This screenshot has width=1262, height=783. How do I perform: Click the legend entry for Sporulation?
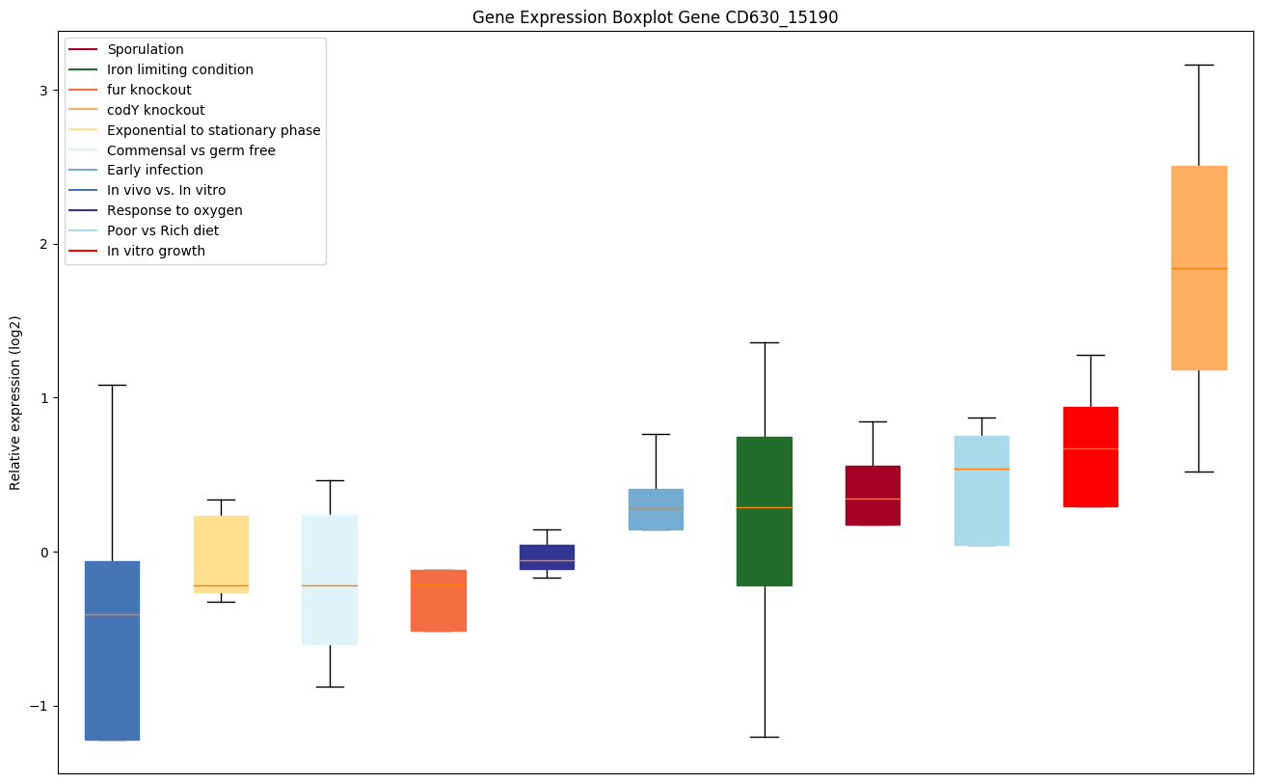pyautogui.click(x=146, y=49)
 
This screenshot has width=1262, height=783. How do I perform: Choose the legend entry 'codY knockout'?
pyautogui.click(x=155, y=110)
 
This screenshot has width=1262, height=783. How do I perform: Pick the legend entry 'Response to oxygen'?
pyautogui.click(x=175, y=210)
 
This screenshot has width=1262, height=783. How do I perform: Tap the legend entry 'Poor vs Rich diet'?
pyautogui.click(x=163, y=230)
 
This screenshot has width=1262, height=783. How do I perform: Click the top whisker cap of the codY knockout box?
pyautogui.click(x=1198, y=65)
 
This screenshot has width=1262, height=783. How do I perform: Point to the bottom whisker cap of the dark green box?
pyautogui.click(x=765, y=737)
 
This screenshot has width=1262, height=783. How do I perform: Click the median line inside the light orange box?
pyautogui.click(x=1198, y=268)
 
